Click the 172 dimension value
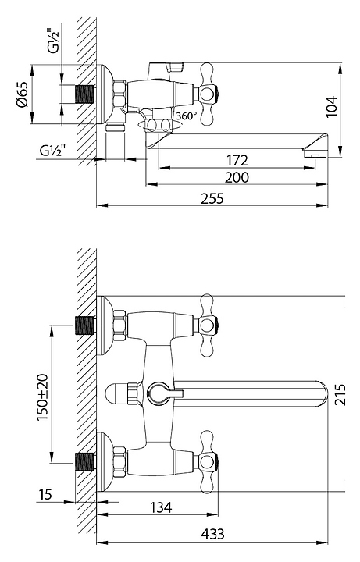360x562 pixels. [x=237, y=160]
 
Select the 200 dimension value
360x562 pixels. [x=237, y=177]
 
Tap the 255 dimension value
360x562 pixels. [x=212, y=198]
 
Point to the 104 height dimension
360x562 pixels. [x=331, y=106]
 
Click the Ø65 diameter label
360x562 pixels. [x=22, y=94]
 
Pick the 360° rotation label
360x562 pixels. [x=187, y=116]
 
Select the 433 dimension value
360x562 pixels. [x=212, y=534]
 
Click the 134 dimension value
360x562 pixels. [x=161, y=507]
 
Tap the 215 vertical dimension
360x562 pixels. [x=340, y=394]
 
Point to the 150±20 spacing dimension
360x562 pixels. [x=42, y=397]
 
